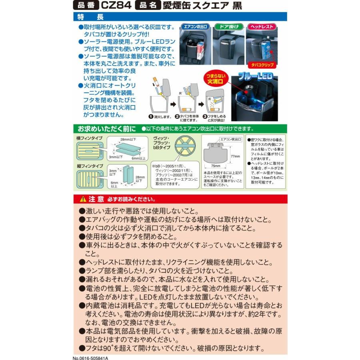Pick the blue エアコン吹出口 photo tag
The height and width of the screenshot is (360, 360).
tap(196, 27)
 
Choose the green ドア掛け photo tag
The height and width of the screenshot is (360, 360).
tap(229, 27)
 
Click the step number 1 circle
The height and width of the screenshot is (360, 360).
tap(151, 117)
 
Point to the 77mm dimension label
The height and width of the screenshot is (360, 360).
tap(235, 156)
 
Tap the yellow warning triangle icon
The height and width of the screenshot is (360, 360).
tap(83, 199)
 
